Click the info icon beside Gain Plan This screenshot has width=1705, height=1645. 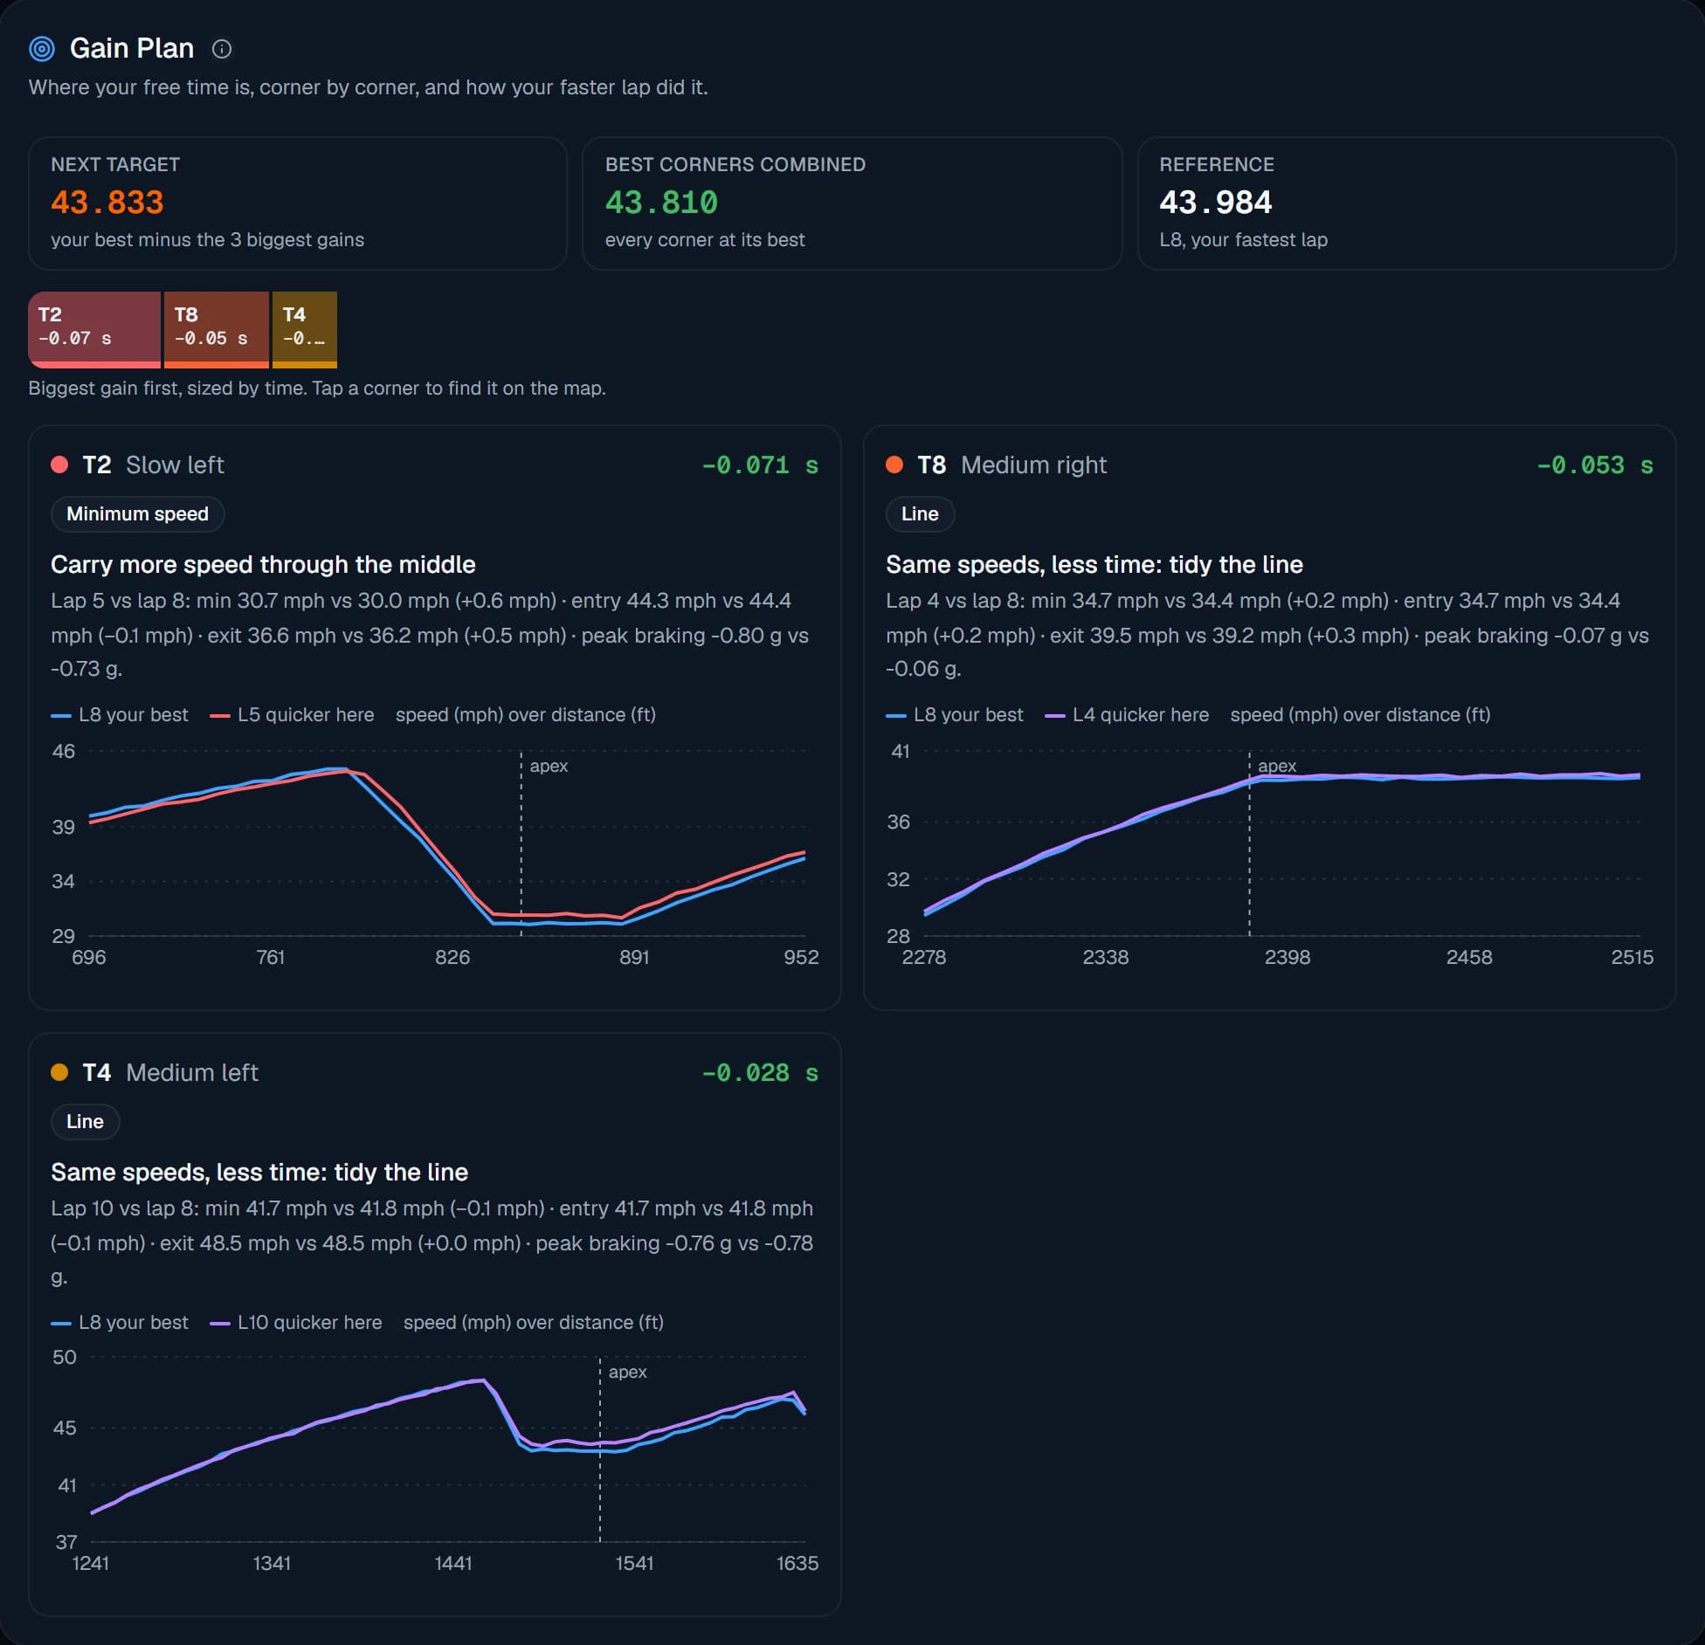pyautogui.click(x=222, y=49)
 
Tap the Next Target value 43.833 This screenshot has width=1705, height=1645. pyautogui.click(x=107, y=203)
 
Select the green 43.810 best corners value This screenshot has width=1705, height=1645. pyautogui.click(x=661, y=203)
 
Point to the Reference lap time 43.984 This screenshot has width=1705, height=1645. pyautogui.click(x=1215, y=203)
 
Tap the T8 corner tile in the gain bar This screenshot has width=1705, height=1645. pyautogui.click(x=216, y=329)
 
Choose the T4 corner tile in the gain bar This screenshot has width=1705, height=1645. pyautogui.click(x=305, y=329)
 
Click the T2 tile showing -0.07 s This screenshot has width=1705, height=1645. pyautogui.click(x=94, y=329)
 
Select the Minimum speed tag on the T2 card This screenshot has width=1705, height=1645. pyautogui.click(x=137, y=514)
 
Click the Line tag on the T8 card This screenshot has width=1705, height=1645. pyautogui.click(x=920, y=514)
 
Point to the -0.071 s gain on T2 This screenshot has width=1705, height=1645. pyautogui.click(x=760, y=465)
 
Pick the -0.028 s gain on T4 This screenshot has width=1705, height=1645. pyautogui.click(x=760, y=1073)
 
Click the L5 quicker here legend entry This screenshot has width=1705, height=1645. pyautogui.click(x=292, y=715)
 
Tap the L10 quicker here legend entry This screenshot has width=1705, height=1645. pyautogui.click(x=296, y=1323)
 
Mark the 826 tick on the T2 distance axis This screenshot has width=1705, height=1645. pyautogui.click(x=452, y=958)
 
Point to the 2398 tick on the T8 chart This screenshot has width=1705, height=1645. pyautogui.click(x=1287, y=958)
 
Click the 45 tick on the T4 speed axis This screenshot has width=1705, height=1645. pyautogui.click(x=65, y=1428)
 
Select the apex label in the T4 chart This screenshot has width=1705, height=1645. pyautogui.click(x=627, y=1373)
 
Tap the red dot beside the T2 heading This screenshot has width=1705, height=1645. pyautogui.click(x=59, y=465)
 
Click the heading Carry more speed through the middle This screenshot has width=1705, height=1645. pyautogui.click(x=263, y=565)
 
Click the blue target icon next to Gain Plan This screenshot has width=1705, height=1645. pyautogui.click(x=42, y=49)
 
